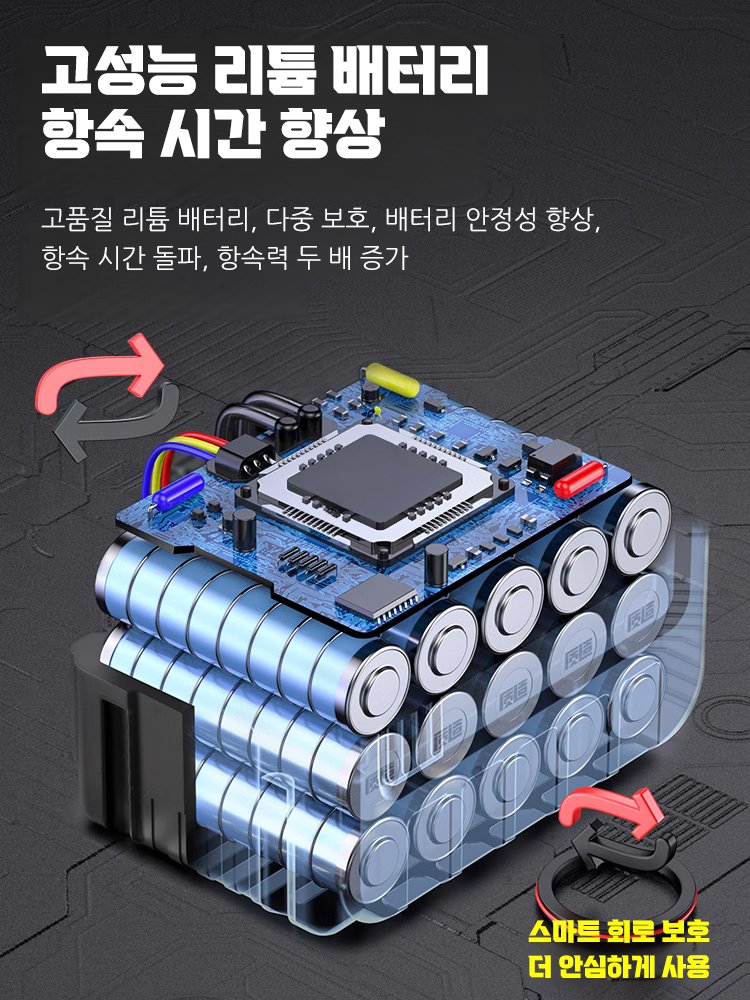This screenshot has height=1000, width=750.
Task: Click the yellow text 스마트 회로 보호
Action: click(x=619, y=932)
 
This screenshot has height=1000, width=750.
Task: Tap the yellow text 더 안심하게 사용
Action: click(x=619, y=967)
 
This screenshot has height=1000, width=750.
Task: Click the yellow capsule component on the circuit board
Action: click(x=392, y=380)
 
